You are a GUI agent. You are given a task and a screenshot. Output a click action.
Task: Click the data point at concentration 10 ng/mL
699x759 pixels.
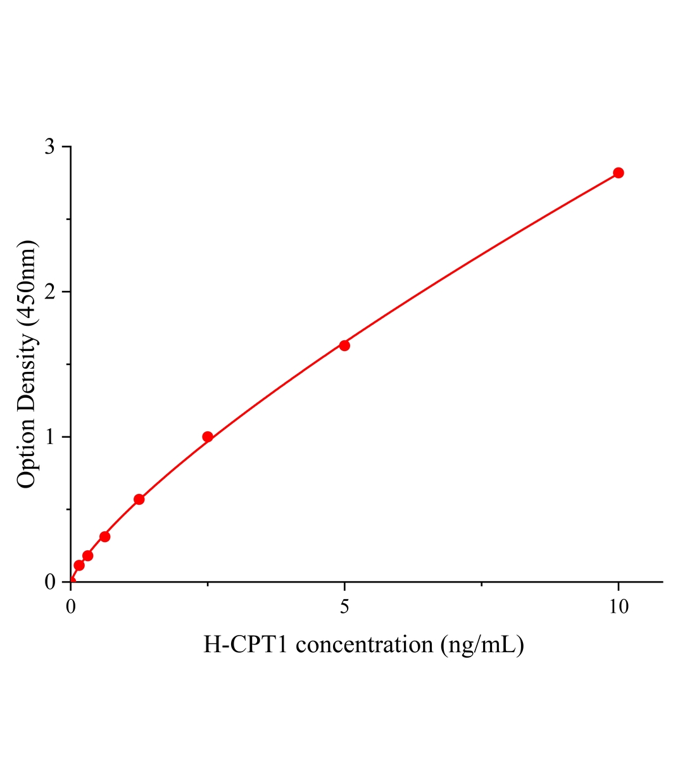tap(619, 173)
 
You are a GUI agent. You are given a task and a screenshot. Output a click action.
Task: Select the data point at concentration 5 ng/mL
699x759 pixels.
tap(344, 345)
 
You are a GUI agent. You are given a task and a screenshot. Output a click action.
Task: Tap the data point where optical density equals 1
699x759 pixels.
tap(208, 436)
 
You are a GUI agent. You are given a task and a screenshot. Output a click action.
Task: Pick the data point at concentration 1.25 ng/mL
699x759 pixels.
tap(139, 499)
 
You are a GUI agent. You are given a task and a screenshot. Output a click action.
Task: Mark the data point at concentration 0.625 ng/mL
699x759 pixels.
tap(105, 536)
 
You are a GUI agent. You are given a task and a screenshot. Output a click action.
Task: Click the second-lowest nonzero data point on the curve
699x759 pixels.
tap(88, 555)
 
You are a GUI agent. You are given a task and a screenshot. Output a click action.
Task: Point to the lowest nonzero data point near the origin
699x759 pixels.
tap(79, 565)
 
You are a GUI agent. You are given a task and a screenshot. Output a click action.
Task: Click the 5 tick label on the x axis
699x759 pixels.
tap(344, 607)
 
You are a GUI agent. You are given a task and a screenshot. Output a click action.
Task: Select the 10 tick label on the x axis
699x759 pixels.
tap(619, 607)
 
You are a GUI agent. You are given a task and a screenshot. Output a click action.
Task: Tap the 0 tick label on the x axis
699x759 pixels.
tap(71, 607)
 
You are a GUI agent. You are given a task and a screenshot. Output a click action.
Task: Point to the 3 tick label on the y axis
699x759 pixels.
tap(50, 147)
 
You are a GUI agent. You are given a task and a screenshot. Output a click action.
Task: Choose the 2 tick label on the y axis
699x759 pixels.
tap(50, 292)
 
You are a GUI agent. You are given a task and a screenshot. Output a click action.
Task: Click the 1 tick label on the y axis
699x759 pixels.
tap(50, 437)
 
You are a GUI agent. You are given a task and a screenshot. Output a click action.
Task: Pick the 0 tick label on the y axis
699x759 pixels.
tap(50, 582)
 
